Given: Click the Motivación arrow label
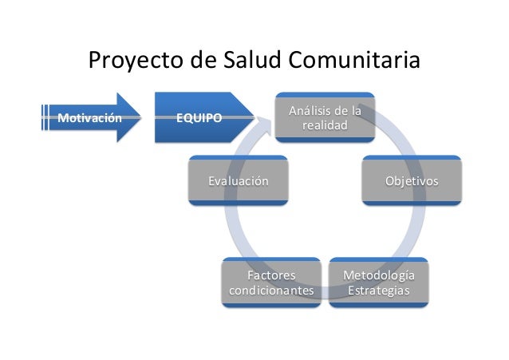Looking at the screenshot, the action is click(80, 118).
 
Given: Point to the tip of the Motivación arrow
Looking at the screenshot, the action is click(142, 118).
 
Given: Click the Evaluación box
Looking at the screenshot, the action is click(238, 181).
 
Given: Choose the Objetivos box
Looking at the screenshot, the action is click(412, 181).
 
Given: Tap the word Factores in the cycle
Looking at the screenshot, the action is click(271, 276).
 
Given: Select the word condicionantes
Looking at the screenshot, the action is click(271, 291).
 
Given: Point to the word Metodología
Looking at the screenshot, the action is click(378, 276).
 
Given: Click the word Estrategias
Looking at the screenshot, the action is click(378, 291).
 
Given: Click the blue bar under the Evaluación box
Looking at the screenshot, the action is click(238, 203).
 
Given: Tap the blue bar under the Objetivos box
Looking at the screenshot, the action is click(412, 203).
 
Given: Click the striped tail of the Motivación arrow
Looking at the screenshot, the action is click(46, 118).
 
